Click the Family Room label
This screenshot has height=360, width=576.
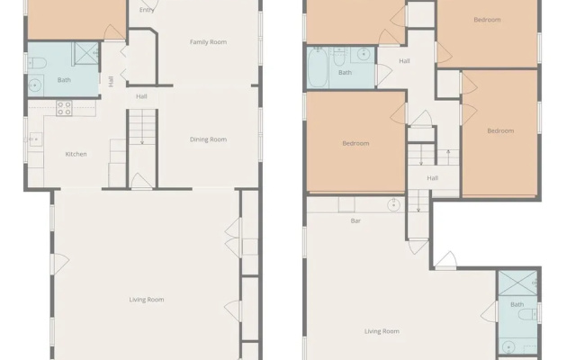208,42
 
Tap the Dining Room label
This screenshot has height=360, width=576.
208,139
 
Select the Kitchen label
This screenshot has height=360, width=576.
76,154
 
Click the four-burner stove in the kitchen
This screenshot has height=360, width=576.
64,108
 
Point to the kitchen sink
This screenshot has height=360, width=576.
36,139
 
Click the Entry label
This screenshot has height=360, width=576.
147,10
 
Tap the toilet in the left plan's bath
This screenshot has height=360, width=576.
37,64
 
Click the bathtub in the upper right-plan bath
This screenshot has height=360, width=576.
318,68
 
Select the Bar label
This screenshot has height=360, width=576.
355,220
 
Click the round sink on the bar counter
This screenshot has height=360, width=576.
394,205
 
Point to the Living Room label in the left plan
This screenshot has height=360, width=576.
147,300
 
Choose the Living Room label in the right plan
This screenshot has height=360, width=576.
382,331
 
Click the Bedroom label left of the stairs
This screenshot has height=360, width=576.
355,143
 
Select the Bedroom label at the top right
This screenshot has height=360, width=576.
487,20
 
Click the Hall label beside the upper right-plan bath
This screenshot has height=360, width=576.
404,61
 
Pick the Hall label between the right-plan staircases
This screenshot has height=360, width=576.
432,178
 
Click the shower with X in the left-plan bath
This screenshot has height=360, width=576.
86,54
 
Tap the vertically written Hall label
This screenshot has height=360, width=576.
111,81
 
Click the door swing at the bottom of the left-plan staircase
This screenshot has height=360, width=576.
142,181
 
